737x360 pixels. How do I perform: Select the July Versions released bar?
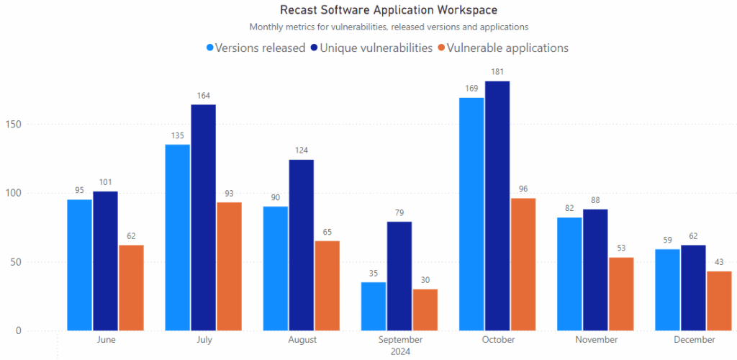tap(178, 238)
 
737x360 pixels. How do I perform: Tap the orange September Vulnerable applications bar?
tap(425, 310)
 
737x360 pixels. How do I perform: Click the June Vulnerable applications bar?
tap(131, 288)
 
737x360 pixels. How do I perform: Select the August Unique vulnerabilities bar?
tap(301, 245)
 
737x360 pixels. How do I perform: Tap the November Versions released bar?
tap(569, 274)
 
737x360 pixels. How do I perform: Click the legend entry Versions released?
tap(255, 48)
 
